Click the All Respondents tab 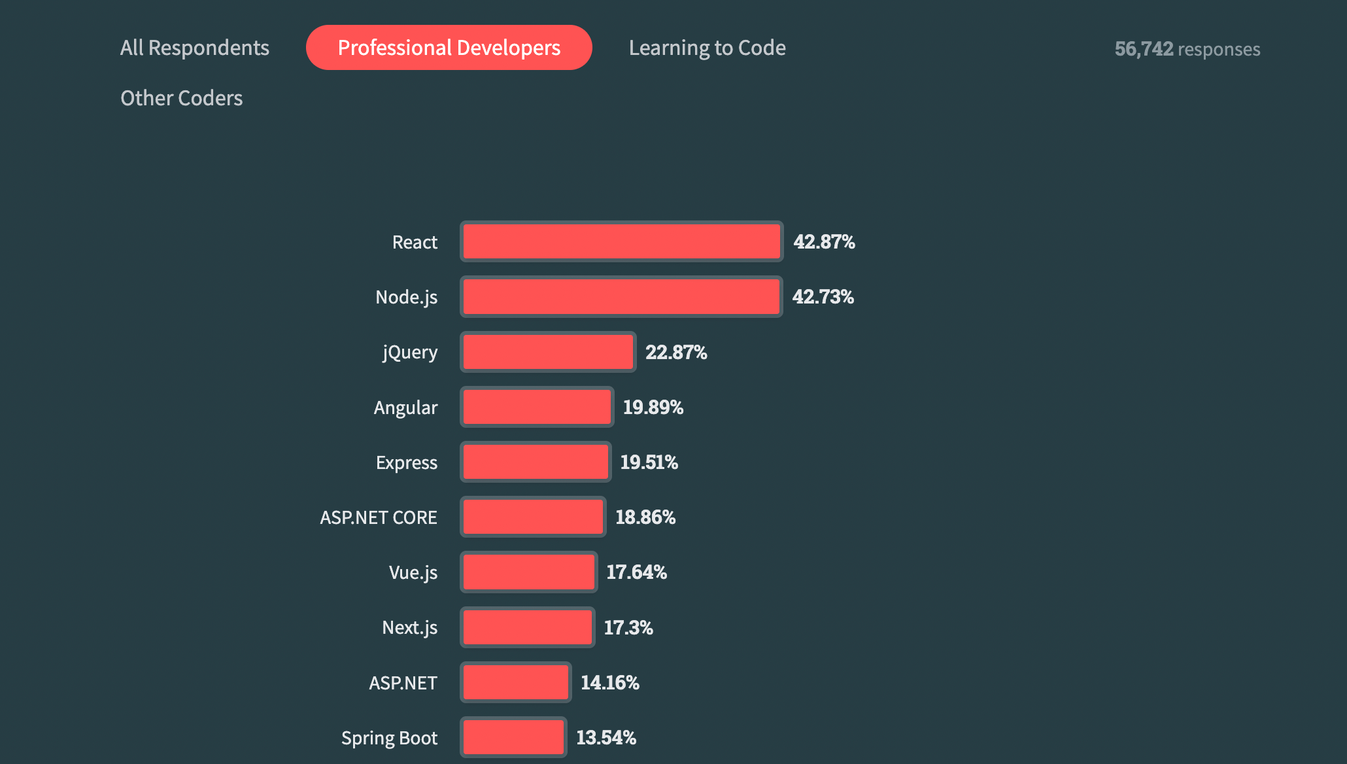[195, 48]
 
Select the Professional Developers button [449, 48]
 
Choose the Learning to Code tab [707, 48]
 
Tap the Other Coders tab [182, 98]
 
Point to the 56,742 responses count [1187, 49]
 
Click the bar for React [621, 241]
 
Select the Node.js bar [621, 297]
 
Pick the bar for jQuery [548, 352]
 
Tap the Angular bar [537, 407]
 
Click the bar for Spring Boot [513, 737]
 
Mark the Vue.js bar [529, 572]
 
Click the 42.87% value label [824, 242]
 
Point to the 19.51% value [649, 462]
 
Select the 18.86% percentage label [645, 517]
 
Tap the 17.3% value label [628, 628]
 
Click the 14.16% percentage [609, 683]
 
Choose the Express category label [406, 462]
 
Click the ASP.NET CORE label [378, 517]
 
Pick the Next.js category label [409, 628]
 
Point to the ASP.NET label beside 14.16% [403, 683]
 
